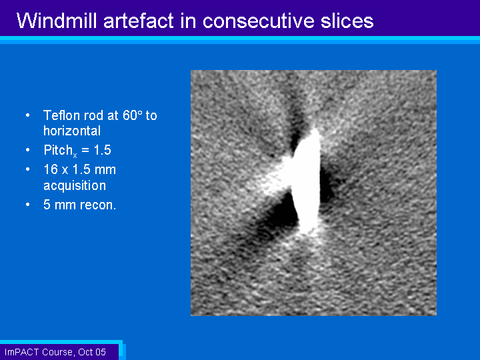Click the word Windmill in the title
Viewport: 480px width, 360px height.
coord(57,21)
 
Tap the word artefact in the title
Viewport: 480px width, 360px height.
coord(139,21)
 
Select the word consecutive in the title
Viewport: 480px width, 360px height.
coord(259,21)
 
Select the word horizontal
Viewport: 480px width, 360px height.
coord(72,131)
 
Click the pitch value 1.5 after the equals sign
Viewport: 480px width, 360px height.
coord(102,150)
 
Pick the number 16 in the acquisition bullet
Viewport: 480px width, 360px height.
coord(51,169)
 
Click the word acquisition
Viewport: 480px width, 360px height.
coord(75,186)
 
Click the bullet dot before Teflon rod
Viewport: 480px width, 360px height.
coord(28,115)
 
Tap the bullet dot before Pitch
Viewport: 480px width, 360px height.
coord(28,150)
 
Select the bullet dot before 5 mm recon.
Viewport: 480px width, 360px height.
coord(28,205)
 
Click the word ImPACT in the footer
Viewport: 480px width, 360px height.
coord(22,352)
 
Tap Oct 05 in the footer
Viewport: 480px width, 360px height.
coord(92,352)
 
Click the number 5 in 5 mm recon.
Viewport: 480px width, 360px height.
coord(47,205)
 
